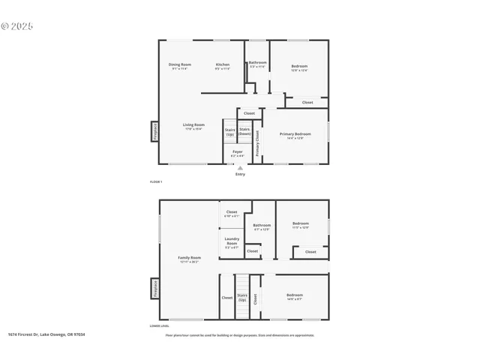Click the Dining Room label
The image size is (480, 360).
point(180,66)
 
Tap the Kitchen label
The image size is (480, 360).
point(223,66)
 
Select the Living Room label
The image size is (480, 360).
point(194,126)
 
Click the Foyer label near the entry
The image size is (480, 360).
point(237,153)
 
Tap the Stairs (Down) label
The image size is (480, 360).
point(244,131)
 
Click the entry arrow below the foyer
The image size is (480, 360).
point(240,168)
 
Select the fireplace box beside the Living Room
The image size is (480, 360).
point(154,131)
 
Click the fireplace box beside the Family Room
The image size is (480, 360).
point(154,289)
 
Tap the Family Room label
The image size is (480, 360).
point(190,259)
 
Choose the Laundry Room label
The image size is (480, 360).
point(232,242)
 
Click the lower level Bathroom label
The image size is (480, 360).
point(262,226)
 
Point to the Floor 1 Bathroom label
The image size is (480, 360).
point(257,64)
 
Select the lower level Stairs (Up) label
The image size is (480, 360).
point(242,297)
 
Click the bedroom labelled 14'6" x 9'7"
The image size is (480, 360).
point(295,296)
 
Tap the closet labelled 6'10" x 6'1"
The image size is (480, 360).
point(232,213)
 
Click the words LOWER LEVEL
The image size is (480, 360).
point(159,326)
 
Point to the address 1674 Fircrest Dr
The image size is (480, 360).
point(46,334)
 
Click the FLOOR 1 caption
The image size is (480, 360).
point(156,182)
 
